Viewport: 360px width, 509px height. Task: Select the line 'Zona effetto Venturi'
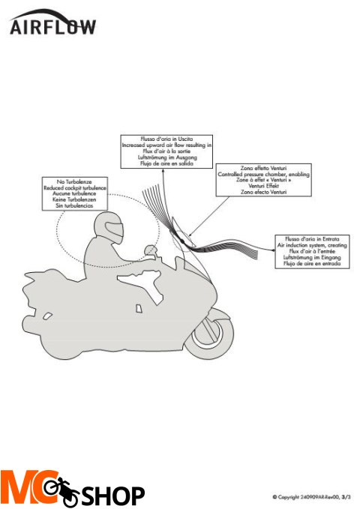[255, 169]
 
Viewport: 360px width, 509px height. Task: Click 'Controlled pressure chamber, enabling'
[255, 175]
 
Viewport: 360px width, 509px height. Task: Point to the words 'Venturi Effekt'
[255, 187]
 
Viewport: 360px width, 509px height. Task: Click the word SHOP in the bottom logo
[112, 495]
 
